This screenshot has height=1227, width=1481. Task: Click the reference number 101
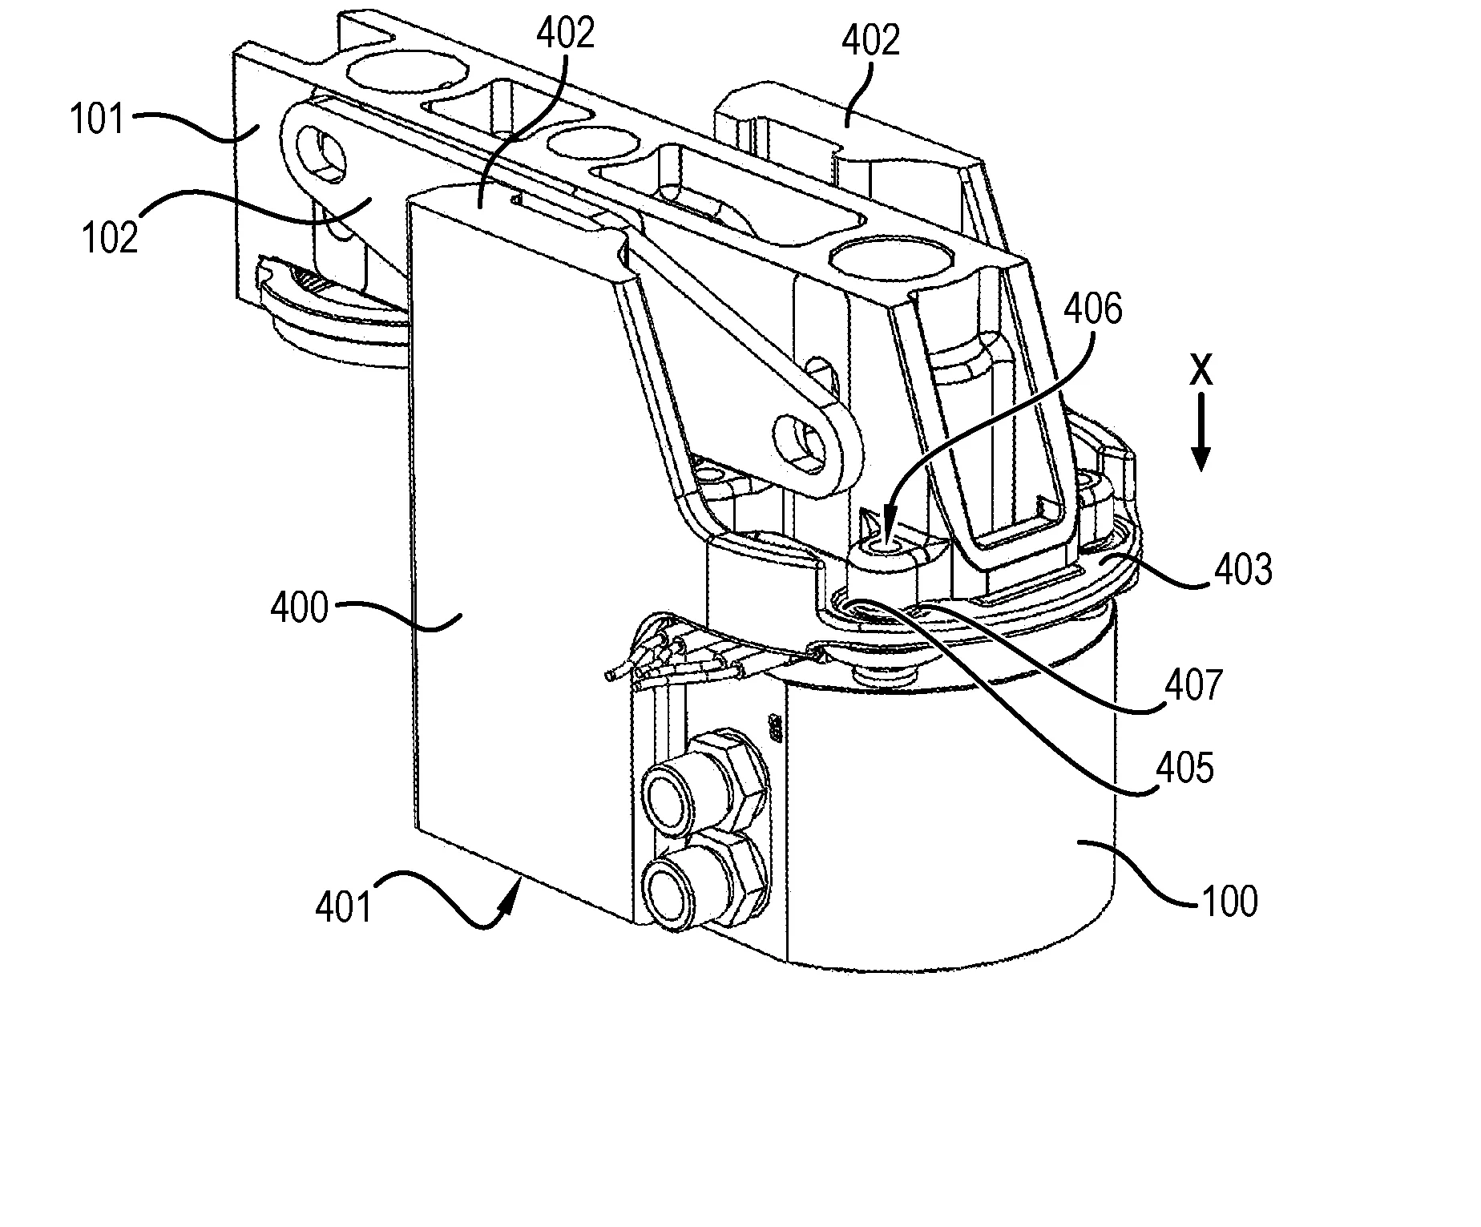[97, 120]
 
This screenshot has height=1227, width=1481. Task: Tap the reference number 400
[299, 609]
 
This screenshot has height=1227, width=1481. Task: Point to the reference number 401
[344, 908]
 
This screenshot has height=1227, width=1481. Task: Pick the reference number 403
[1243, 570]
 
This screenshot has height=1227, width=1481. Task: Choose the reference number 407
[1195, 686]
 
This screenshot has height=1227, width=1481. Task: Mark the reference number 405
[1184, 768]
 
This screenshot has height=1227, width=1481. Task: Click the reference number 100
[1230, 902]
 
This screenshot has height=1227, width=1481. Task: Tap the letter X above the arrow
[1201, 372]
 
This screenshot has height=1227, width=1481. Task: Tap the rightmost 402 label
[870, 39]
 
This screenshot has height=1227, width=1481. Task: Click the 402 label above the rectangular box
[566, 34]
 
